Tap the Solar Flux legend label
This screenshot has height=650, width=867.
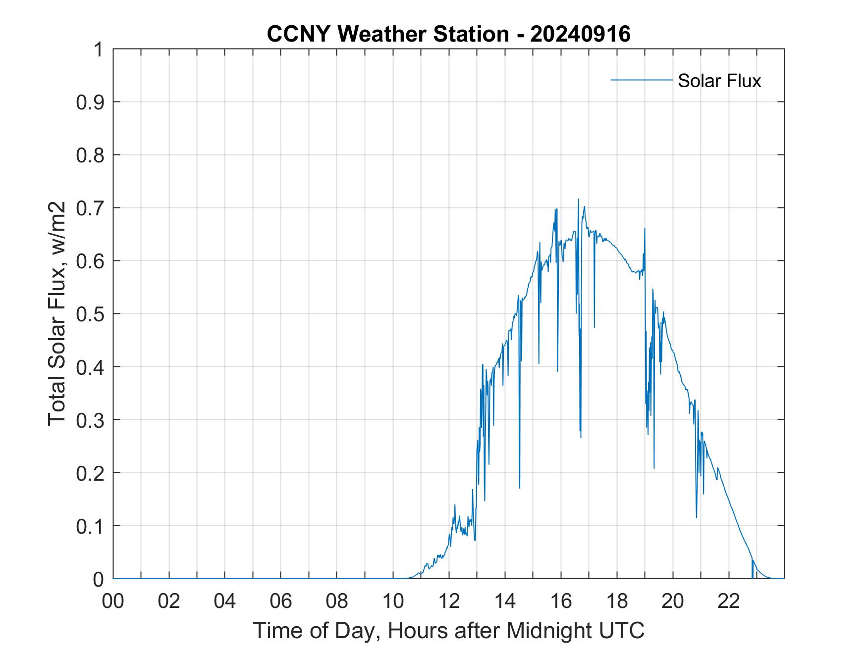pos(719,81)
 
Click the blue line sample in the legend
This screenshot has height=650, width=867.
pos(641,80)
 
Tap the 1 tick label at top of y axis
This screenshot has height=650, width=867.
pos(99,50)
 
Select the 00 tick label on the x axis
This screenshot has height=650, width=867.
pos(113,601)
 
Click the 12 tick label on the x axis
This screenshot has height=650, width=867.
pos(449,601)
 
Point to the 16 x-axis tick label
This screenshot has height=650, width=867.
pos(561,601)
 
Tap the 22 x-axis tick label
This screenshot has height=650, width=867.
pos(729,601)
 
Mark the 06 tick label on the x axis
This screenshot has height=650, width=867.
pos(281,601)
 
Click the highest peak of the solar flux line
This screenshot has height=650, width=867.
pos(578,200)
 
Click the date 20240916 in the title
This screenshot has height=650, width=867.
pos(580,34)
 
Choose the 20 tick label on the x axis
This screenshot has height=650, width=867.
pos(673,601)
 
